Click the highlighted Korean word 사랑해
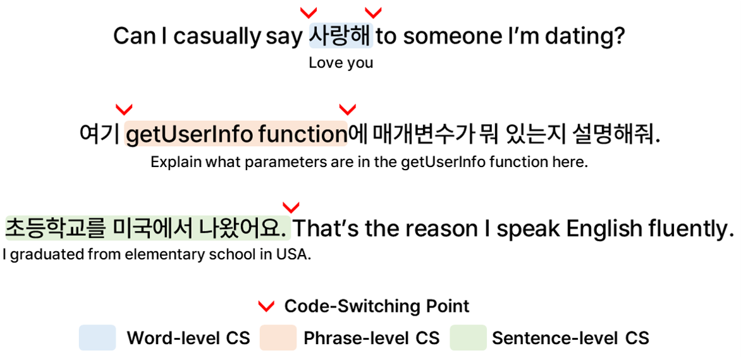tap(341, 35)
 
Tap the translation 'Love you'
tap(341, 63)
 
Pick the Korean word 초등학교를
tap(54, 228)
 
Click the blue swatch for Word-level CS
tap(97, 338)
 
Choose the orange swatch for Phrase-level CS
tap(278, 338)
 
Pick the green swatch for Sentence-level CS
tap(468, 338)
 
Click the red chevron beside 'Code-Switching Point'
tap(266, 306)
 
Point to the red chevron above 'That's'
tap(291, 208)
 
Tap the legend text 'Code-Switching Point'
tap(377, 306)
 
